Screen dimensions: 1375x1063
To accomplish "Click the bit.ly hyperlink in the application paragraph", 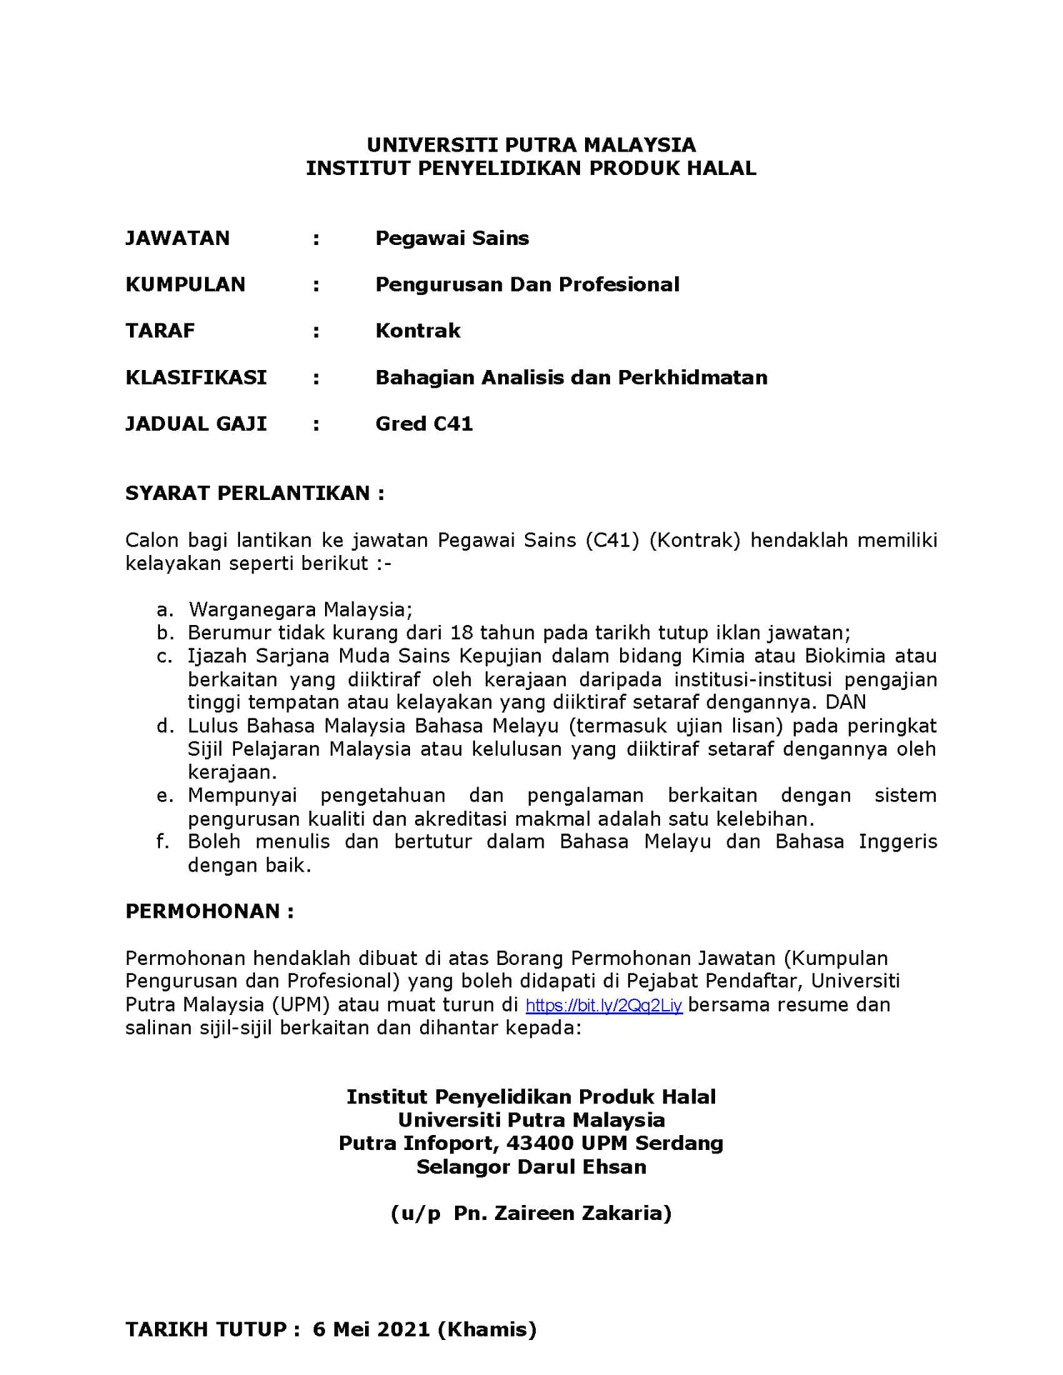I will pyautogui.click(x=604, y=1006).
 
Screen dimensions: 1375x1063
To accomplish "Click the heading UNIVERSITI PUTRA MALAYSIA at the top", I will pyautogui.click(x=531, y=145).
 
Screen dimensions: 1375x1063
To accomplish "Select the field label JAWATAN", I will pyautogui.click(x=177, y=238).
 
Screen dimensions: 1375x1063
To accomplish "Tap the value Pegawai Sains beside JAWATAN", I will pyautogui.click(x=452, y=238).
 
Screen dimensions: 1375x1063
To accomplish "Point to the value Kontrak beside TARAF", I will pyautogui.click(x=418, y=331).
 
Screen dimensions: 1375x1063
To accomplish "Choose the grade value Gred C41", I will pyautogui.click(x=424, y=424).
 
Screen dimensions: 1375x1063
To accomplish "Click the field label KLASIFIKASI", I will pyautogui.click(x=196, y=377).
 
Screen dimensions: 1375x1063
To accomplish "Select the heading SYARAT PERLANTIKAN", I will pyautogui.click(x=254, y=493).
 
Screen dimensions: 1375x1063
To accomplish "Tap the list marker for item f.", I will pyautogui.click(x=163, y=841).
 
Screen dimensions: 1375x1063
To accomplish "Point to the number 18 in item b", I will pyautogui.click(x=462, y=633).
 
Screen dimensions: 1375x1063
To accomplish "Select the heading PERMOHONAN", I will pyautogui.click(x=209, y=911).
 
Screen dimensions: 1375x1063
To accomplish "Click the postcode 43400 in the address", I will pyautogui.click(x=540, y=1144).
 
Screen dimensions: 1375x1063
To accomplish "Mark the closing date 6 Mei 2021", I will pyautogui.click(x=371, y=1329).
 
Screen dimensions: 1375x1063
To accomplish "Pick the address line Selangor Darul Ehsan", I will pyautogui.click(x=531, y=1167).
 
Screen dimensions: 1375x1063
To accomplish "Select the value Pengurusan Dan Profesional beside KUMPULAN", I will pyautogui.click(x=527, y=284).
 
